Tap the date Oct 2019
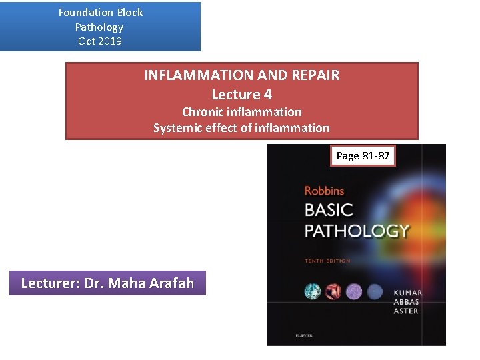tap(100, 41)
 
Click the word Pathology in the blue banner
tap(99, 27)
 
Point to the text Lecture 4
tap(241, 95)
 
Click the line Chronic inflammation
tap(241, 112)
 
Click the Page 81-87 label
tap(363, 156)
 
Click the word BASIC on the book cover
tap(329, 209)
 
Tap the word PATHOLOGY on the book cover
tap(357, 231)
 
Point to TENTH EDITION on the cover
tap(327, 261)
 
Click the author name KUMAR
tap(407, 293)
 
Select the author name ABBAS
tap(407, 302)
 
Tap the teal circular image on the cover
tap(312, 291)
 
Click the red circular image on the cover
tap(333, 291)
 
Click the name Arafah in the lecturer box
tap(169, 283)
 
